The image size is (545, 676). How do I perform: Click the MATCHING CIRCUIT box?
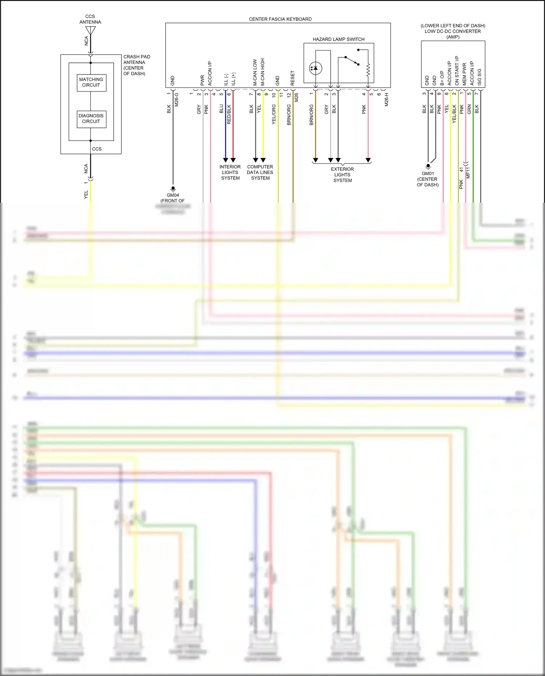[91, 82]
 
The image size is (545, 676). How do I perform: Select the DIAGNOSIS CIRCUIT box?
[91, 119]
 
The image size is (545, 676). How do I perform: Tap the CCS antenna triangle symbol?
[90, 31]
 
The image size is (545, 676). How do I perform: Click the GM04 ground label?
[173, 195]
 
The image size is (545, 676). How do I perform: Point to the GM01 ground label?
[428, 174]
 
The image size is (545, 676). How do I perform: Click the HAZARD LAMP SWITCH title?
[338, 39]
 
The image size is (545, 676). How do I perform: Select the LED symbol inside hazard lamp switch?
[315, 68]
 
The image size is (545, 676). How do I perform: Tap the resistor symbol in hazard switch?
[368, 70]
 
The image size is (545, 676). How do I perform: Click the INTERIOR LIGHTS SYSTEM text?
[230, 173]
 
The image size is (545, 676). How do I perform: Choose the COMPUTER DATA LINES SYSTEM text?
[260, 173]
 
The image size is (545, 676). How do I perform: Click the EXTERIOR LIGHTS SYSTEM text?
[342, 175]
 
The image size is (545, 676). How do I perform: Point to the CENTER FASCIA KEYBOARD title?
[280, 19]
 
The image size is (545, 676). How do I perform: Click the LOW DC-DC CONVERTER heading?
[453, 31]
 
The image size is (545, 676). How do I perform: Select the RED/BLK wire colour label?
[229, 114]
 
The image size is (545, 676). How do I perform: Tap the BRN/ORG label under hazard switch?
[311, 115]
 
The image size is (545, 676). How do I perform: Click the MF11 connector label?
[468, 173]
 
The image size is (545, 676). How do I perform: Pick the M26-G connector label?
[177, 100]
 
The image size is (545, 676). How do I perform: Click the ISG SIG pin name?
[480, 77]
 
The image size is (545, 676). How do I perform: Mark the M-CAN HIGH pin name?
[262, 72]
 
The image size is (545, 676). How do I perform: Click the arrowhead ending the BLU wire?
[225, 160]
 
